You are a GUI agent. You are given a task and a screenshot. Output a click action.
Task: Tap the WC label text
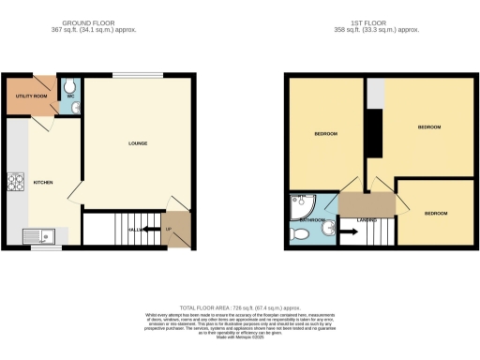click(x=69, y=96)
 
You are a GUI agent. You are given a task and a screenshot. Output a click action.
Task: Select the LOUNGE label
click(x=139, y=143)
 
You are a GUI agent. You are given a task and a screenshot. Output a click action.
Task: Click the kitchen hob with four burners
click(x=16, y=182)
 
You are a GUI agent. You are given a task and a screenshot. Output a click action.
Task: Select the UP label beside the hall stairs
click(x=169, y=228)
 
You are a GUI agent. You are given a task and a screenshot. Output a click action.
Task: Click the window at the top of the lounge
click(x=137, y=74)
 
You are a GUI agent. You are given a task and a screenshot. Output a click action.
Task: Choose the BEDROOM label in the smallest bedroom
click(x=436, y=213)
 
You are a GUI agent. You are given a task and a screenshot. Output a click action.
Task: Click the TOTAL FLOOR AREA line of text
click(x=240, y=306)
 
